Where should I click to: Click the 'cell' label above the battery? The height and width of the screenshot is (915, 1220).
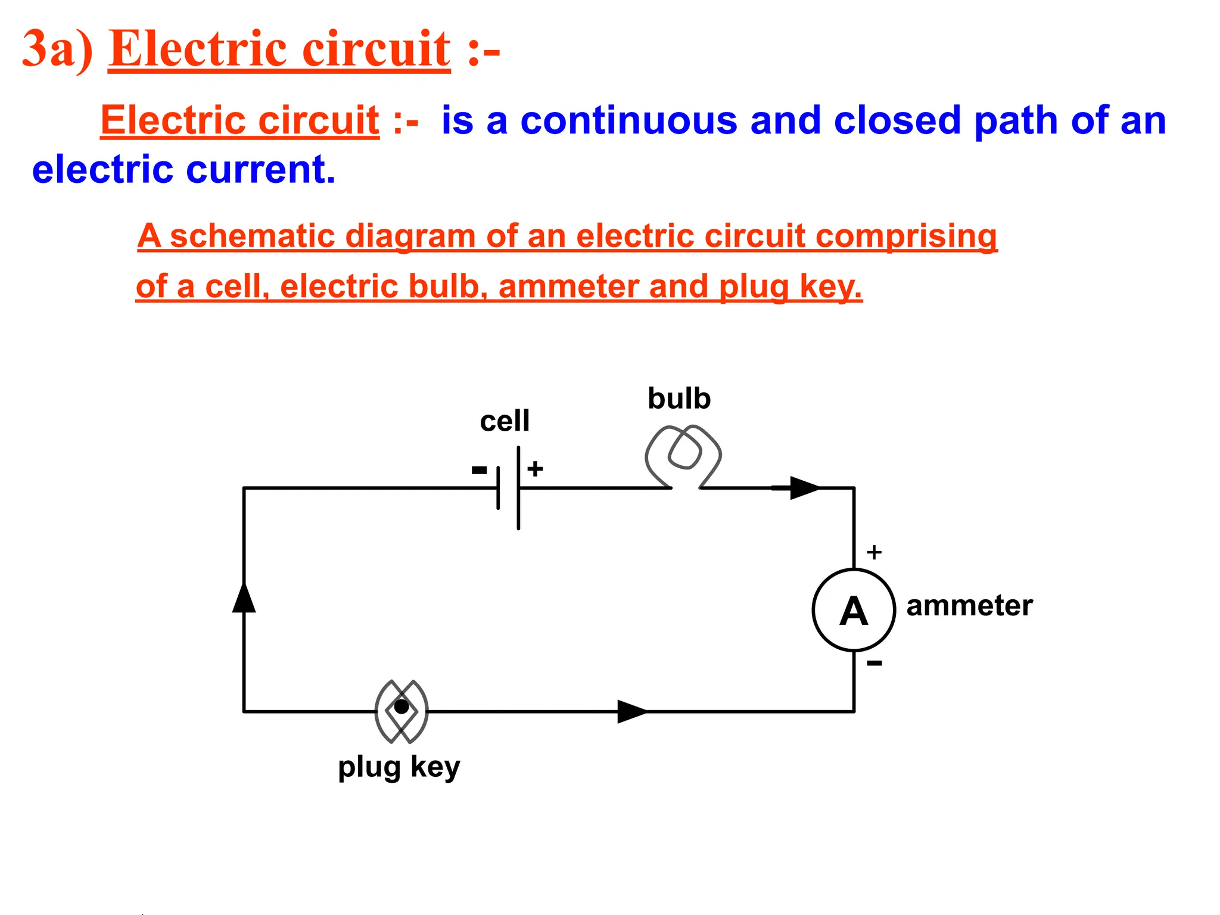[x=504, y=421]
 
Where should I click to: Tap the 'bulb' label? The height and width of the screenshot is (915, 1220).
[x=679, y=399]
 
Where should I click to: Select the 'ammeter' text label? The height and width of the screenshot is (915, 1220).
[x=969, y=606]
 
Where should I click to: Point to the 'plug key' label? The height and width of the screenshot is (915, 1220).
[x=399, y=767]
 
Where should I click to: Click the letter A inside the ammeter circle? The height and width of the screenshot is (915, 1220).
[x=853, y=612]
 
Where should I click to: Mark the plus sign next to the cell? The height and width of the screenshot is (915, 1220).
[x=535, y=469]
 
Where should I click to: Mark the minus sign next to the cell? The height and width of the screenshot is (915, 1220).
[x=479, y=471]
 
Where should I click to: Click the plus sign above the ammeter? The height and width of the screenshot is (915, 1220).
[x=874, y=552]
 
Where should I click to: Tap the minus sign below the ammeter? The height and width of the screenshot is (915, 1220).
[x=874, y=663]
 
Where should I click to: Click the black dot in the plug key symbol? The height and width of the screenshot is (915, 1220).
[x=402, y=707]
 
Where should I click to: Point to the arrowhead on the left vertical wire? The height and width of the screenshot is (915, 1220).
[x=244, y=597]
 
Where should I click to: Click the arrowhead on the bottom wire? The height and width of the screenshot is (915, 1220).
[x=631, y=711]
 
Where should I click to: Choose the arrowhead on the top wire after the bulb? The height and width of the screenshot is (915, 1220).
[x=804, y=488]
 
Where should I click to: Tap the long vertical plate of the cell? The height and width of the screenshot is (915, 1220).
[x=518, y=488]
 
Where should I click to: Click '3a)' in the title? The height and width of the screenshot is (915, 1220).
[x=57, y=49]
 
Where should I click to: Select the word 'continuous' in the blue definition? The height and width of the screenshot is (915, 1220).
[x=628, y=121]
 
